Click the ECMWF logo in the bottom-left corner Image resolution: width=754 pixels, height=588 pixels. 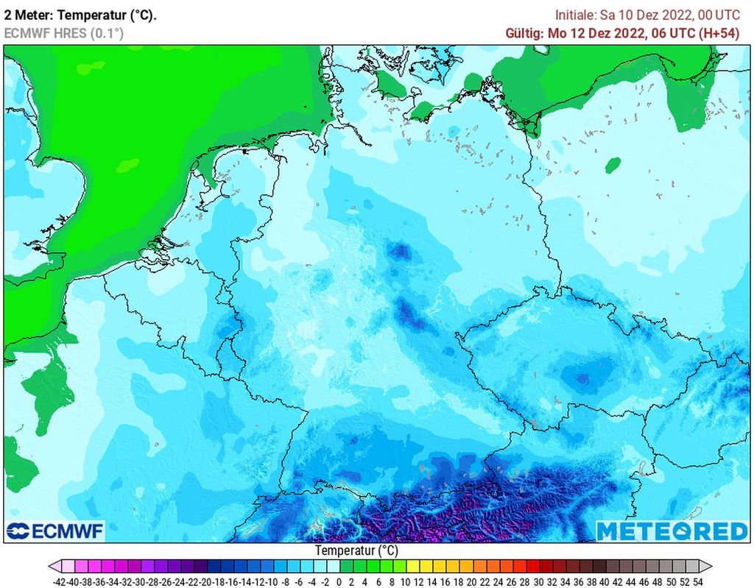[x=55, y=531]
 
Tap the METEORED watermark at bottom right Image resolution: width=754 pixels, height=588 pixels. [x=671, y=531]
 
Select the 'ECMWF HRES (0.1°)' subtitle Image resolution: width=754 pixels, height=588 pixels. [x=64, y=33]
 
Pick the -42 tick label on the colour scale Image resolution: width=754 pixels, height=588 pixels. [x=60, y=581]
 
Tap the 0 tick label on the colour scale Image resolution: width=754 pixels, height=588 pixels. [x=338, y=581]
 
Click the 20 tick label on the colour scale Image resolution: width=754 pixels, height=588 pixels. [x=471, y=581]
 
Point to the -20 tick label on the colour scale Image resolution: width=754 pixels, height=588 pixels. [x=205, y=581]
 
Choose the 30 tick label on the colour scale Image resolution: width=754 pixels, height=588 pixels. [x=537, y=581]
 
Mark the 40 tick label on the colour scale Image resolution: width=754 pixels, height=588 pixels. [x=603, y=581]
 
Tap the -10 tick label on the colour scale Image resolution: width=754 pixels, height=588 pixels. [x=272, y=581]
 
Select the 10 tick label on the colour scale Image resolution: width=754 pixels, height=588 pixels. [x=404, y=581]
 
